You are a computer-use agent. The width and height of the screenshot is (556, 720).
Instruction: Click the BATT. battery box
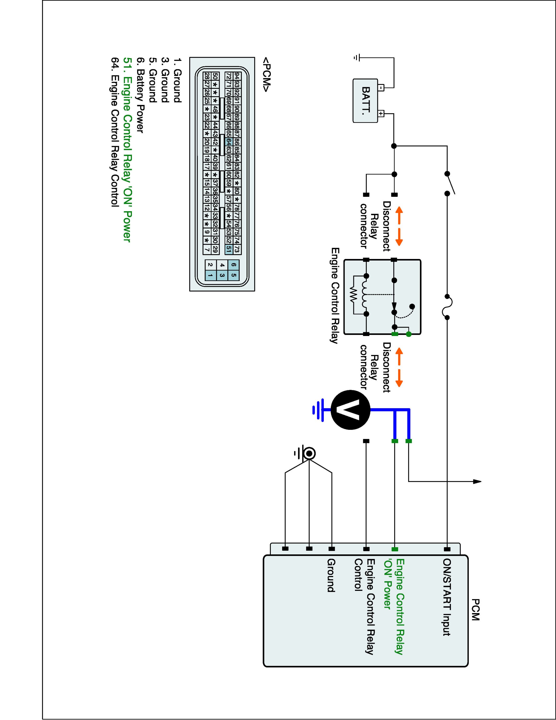pyautogui.click(x=365, y=101)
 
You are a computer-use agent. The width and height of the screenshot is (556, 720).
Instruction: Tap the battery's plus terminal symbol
pyautogui.click(x=381, y=114)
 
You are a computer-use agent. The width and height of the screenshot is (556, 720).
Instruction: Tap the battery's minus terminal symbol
pyautogui.click(x=381, y=88)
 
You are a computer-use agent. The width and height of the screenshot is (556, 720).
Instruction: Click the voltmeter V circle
pyautogui.click(x=350, y=410)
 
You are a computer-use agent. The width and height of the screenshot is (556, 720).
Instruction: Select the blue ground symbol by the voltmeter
pyautogui.click(x=319, y=410)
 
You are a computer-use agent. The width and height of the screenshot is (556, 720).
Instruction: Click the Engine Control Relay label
pyautogui.click(x=335, y=295)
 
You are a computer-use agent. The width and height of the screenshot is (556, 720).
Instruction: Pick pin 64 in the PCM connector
pyautogui.click(x=229, y=142)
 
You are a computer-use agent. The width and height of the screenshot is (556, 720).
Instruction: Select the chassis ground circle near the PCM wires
pyautogui.click(x=309, y=454)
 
